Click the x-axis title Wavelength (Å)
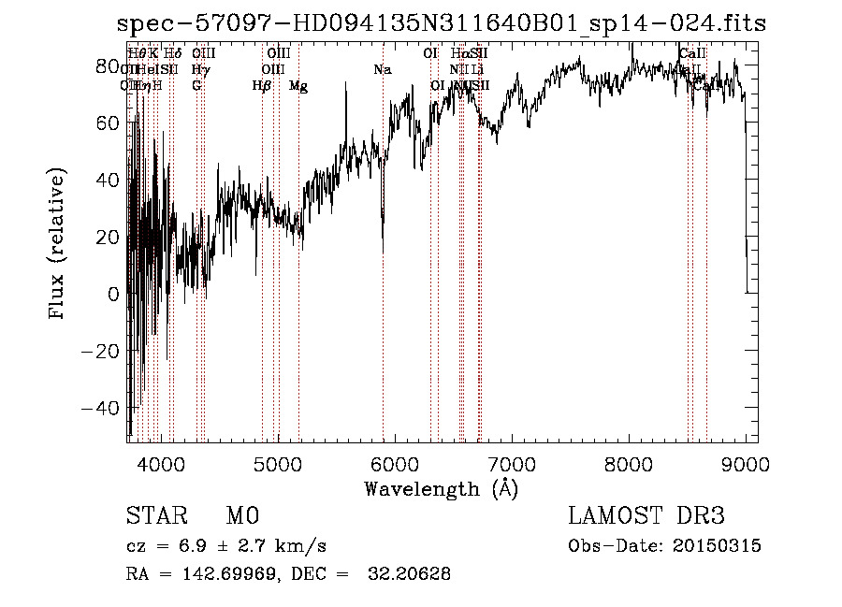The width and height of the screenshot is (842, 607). pos(441,488)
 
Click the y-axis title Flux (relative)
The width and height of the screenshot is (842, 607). pos(58,245)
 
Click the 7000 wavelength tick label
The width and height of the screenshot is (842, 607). pos(511,462)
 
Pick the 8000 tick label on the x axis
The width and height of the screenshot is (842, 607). pos(628,462)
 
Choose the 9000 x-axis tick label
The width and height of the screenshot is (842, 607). pos(745,462)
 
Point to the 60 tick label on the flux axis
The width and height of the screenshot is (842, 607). pos(110,123)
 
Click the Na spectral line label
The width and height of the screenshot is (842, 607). pos(382,70)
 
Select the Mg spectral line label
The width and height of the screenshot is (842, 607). pos(298,86)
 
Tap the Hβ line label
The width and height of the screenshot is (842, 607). pos(262,86)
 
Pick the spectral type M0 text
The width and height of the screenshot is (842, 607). pos(242,516)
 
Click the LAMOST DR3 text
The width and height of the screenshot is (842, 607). pos(646,516)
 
